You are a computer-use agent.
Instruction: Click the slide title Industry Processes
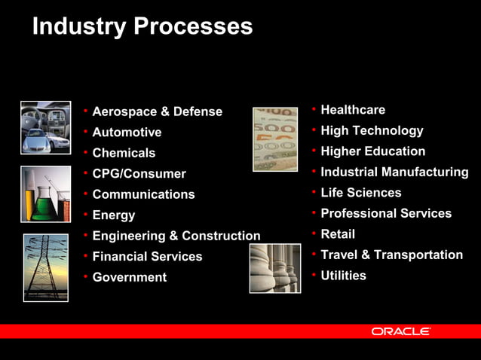pos(142,27)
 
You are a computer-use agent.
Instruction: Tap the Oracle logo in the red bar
pos(400,331)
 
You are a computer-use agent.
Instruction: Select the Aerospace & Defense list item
pos(157,111)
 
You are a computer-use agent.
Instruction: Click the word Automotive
pos(127,133)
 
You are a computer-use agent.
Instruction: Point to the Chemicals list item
pos(124,153)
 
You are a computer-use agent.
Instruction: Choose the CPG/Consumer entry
pos(139,174)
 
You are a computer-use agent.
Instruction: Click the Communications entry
pos(143,194)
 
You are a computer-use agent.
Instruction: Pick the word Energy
pos(114,215)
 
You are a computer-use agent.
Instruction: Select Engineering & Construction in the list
pos(176,236)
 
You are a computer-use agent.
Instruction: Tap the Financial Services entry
pos(147,256)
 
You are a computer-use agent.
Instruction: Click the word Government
pos(129,277)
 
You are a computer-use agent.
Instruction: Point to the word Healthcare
pos(353,110)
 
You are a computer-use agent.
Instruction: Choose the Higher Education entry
pos(372,151)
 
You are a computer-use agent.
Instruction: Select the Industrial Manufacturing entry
pos(394,172)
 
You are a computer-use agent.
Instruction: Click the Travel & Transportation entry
pos(391,255)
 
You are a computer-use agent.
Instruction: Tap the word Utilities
pos(343,276)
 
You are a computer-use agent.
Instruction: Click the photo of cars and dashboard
pos(45,127)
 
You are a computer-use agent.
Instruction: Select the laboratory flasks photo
pos(45,194)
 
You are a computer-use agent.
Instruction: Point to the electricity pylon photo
pos(45,267)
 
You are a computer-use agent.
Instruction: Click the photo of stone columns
pos(275,268)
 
